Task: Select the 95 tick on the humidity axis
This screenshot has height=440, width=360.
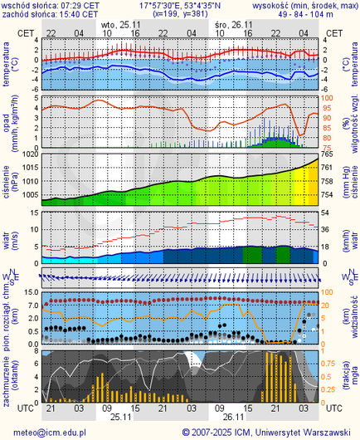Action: tap(327, 107)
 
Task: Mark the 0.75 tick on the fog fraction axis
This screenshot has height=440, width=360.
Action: tap(329, 363)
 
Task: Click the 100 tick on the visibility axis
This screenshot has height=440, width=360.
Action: tap(328, 292)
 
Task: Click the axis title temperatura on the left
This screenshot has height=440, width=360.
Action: tap(7, 66)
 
